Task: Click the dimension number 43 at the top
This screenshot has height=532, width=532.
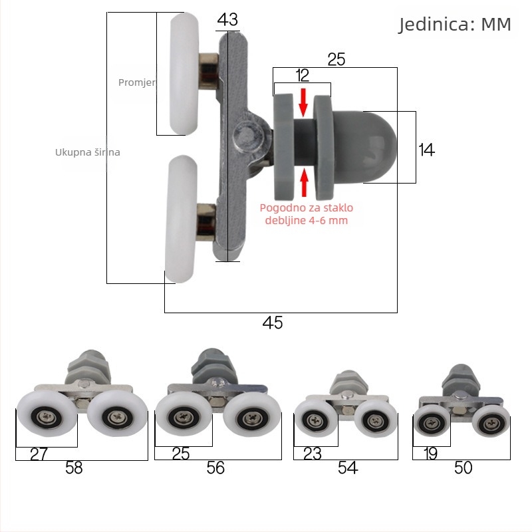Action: [227, 20]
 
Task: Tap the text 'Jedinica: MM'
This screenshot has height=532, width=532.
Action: [455, 25]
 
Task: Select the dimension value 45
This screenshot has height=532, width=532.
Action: [273, 323]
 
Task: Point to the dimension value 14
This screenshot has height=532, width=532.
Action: [426, 150]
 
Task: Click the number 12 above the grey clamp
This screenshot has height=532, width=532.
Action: [303, 75]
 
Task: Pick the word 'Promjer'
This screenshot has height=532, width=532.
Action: [137, 82]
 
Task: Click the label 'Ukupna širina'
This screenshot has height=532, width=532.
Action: [88, 152]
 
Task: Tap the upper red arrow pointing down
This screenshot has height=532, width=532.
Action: [303, 102]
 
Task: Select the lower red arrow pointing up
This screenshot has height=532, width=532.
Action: [305, 182]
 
